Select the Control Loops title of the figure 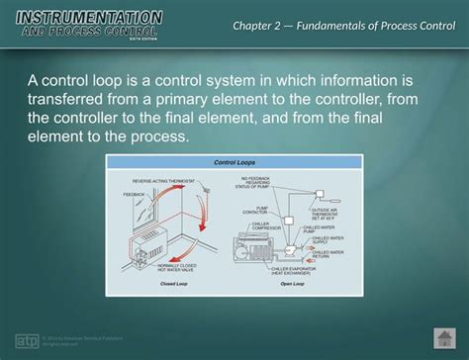(234, 162)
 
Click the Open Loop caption (292, 283)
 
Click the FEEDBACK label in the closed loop (134, 195)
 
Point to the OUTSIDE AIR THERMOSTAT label (327, 213)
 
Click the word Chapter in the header (260, 24)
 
